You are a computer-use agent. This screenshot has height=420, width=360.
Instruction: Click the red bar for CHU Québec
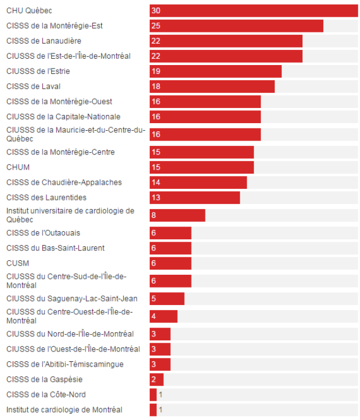point(254,11)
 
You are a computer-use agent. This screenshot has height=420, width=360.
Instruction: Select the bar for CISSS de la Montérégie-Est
point(236,26)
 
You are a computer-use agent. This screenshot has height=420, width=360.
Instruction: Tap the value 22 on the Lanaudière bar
point(156,41)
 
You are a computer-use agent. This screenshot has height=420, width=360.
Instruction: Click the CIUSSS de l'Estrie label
point(38,71)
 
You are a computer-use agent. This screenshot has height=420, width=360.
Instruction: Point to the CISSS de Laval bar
point(212,87)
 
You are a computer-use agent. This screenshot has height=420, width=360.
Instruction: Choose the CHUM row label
point(18,167)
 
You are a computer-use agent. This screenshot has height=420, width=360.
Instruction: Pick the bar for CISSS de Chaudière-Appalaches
point(198,182)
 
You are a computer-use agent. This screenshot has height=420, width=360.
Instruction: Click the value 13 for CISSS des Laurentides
point(156,198)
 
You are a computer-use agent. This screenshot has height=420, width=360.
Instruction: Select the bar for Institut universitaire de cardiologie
point(177,216)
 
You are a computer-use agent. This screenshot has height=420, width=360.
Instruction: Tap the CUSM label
point(18,263)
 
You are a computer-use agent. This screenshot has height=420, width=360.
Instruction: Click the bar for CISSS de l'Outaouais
point(170,233)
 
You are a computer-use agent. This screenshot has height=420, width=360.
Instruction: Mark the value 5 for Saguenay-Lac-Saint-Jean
point(154,299)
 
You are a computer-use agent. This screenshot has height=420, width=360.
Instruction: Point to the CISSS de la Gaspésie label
point(44,379)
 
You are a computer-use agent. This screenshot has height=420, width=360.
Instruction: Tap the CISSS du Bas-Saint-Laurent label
point(56,248)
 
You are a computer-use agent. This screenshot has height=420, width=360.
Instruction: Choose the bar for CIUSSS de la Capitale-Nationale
point(205,117)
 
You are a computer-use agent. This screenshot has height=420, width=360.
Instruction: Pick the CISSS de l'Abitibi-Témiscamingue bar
point(160,364)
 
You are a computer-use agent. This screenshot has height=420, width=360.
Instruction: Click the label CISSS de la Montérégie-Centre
point(60,152)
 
